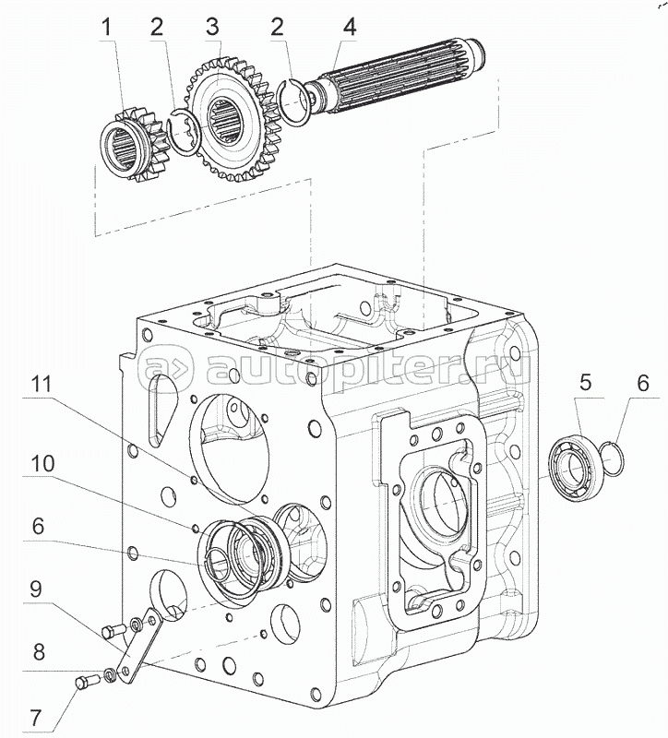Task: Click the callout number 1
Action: coord(109,28)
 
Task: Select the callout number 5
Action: coord(584,382)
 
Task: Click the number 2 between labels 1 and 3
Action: coord(158,28)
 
